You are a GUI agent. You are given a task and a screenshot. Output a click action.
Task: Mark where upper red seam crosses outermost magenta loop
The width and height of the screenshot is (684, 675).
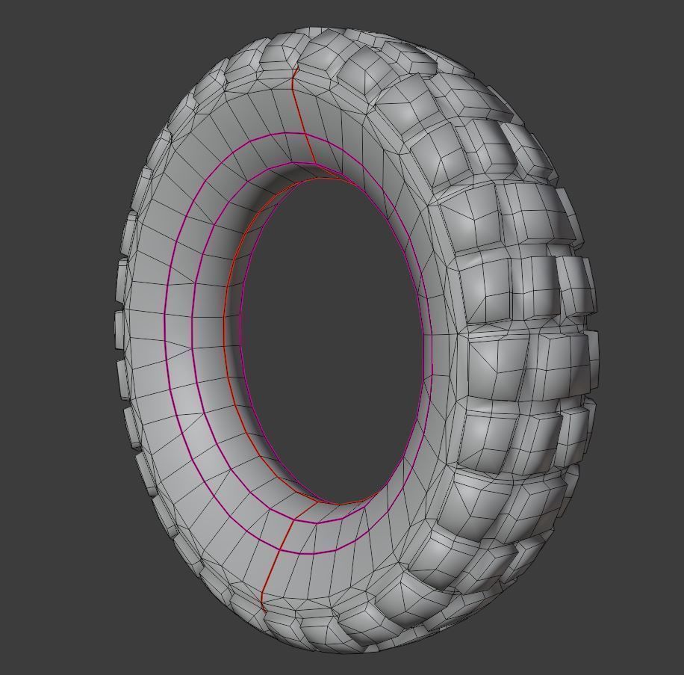click(x=305, y=135)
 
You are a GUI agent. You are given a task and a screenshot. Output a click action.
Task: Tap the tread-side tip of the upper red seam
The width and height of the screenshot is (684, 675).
click(x=296, y=68)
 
